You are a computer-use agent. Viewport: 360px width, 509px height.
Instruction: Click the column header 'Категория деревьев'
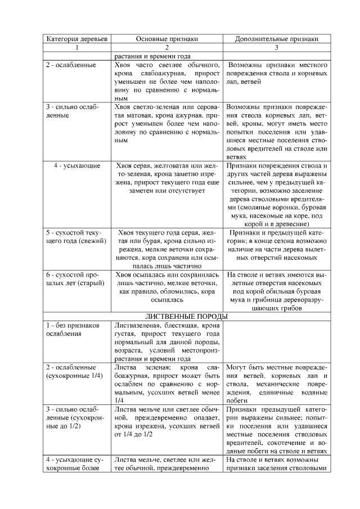pos(77,39)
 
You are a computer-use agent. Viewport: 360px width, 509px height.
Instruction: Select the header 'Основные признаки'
pos(167,39)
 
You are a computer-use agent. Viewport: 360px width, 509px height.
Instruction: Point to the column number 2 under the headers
pos(167,47)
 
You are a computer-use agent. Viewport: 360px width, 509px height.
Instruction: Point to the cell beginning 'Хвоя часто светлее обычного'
pos(167,82)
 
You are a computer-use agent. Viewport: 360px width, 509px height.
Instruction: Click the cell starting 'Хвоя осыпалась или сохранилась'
pos(167,287)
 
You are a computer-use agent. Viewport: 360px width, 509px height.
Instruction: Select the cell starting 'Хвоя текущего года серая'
pos(167,249)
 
